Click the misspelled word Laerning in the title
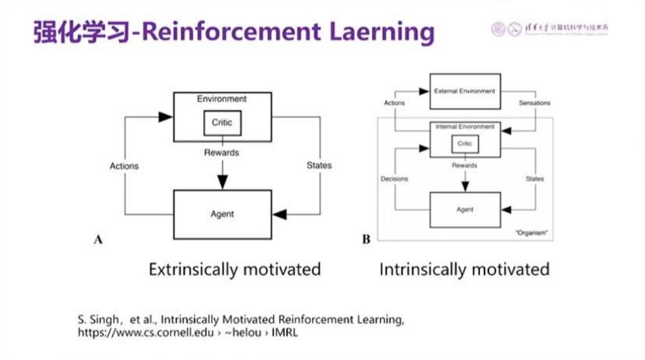pos(386,31)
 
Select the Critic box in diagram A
pos(222,123)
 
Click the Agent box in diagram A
pos(222,214)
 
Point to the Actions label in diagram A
pos(124,166)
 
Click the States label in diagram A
pos(319,165)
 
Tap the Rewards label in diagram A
pos(221,153)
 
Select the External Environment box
pos(465,91)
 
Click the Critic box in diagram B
pos(465,144)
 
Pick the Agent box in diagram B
pos(465,210)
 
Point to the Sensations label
pos(534,103)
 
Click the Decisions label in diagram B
pos(394,179)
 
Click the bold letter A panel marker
pos(98,240)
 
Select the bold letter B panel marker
pos(366,240)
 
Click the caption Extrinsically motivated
pos(234,269)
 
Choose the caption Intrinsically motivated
pos(464,269)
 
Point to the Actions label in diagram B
pos(394,103)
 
